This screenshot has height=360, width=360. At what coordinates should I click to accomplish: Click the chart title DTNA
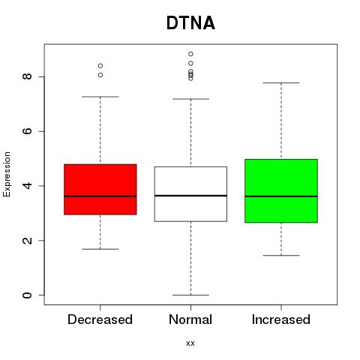tap(190, 23)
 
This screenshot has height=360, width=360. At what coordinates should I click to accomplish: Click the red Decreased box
tap(100, 189)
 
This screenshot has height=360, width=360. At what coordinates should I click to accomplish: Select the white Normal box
tap(190, 194)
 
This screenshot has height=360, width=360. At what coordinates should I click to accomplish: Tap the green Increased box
tap(281, 190)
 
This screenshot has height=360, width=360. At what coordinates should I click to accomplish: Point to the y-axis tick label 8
tap(27, 76)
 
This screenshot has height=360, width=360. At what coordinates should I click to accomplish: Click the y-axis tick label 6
tap(27, 131)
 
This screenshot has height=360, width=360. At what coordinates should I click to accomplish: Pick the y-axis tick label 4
tap(27, 185)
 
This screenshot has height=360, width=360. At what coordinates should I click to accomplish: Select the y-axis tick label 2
tap(27, 240)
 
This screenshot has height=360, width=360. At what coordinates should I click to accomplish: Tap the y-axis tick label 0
tap(27, 295)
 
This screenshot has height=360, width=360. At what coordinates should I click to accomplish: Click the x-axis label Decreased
tap(100, 319)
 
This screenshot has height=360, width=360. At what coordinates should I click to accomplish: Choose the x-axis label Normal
tap(190, 319)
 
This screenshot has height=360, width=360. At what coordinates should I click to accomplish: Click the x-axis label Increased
tap(281, 319)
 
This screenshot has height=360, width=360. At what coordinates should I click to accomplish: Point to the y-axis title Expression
tap(7, 174)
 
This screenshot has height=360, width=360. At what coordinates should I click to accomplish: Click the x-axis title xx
tap(190, 343)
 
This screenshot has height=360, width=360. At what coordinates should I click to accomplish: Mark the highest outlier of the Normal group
tap(190, 54)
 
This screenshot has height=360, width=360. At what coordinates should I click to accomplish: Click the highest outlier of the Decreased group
tap(100, 66)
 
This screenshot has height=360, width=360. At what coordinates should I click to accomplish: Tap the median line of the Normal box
tap(190, 196)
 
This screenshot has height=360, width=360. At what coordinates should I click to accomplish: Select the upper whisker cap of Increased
tap(281, 82)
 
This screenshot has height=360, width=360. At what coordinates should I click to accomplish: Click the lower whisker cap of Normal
tap(190, 295)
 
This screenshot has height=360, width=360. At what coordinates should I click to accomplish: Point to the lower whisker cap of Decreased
tap(100, 249)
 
